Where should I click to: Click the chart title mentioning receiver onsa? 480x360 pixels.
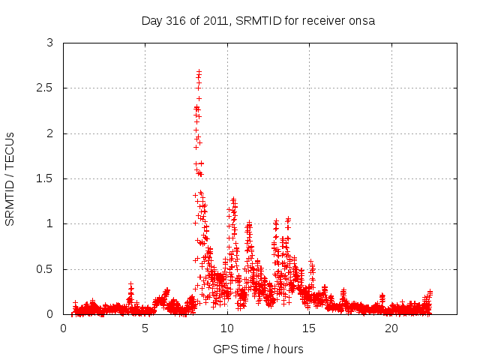click(258, 21)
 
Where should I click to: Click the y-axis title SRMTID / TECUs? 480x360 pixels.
click(10, 178)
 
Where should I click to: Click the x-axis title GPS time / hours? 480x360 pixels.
click(258, 349)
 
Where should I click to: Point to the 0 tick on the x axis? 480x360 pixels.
click(64, 328)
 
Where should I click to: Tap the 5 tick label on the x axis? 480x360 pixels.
click(145, 328)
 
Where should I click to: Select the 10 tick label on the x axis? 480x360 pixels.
click(227, 328)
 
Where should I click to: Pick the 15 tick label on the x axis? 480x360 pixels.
click(309, 328)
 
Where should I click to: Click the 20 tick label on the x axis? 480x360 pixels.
click(391, 328)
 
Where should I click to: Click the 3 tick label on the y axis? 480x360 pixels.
click(50, 43)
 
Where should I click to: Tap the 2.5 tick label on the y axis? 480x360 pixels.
click(46, 88)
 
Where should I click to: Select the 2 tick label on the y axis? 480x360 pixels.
click(50, 133)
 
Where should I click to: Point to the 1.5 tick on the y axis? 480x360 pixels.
click(46, 178)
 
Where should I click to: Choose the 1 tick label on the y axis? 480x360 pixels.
click(50, 223)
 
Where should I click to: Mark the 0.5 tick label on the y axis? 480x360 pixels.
click(46, 268)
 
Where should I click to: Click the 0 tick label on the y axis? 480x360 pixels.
click(50, 314)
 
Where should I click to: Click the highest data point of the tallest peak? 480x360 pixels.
click(199, 72)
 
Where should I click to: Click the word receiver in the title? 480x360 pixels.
click(323, 21)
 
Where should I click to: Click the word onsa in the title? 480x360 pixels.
click(361, 21)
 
